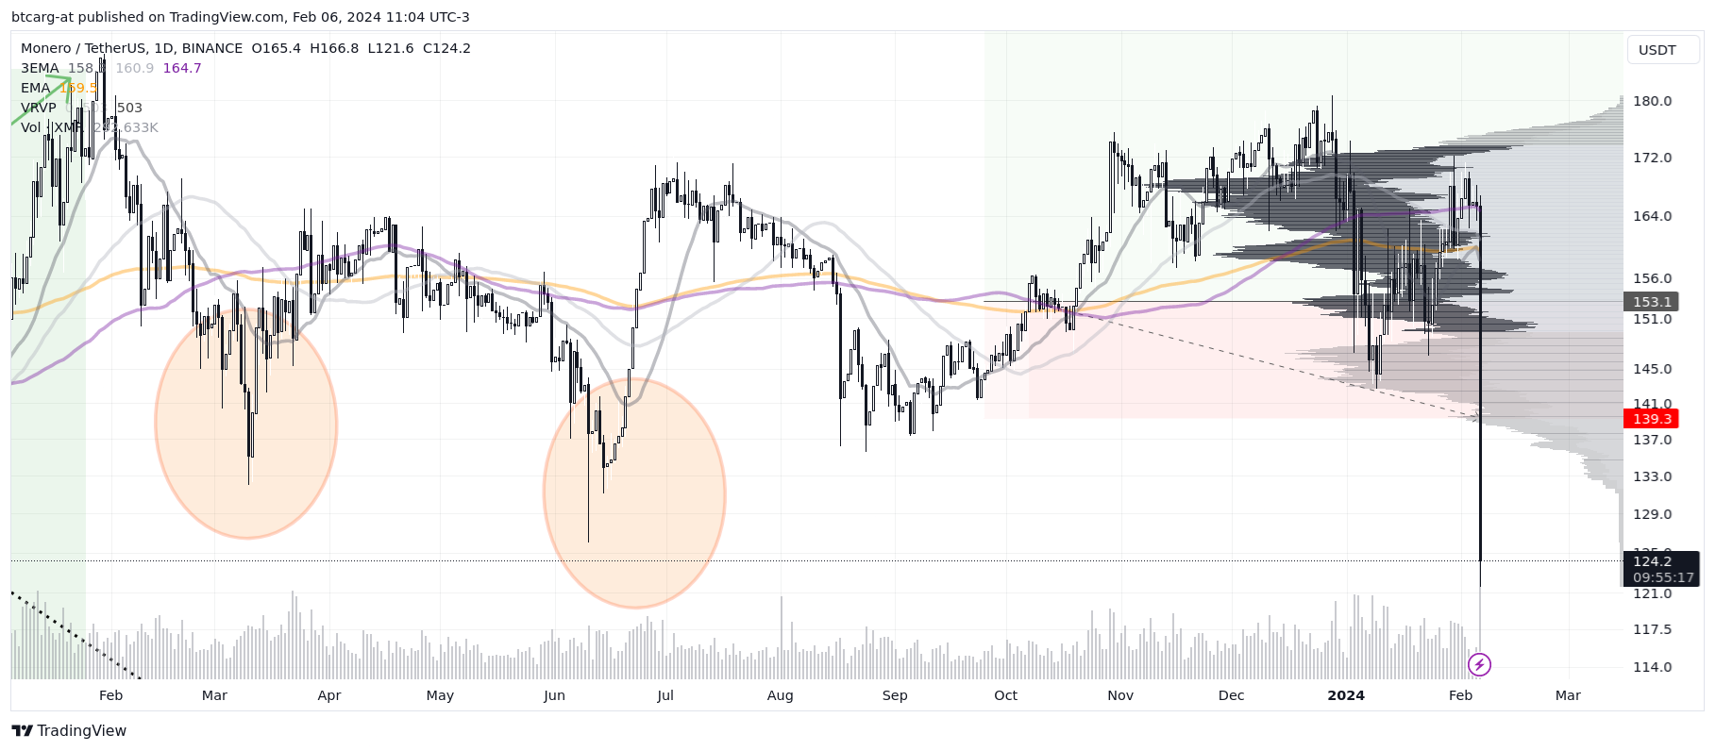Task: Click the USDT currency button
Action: tap(1657, 50)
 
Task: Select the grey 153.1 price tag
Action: tap(1652, 302)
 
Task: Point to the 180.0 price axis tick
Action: tap(1652, 101)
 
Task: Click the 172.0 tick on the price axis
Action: tap(1652, 158)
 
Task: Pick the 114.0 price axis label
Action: tap(1652, 667)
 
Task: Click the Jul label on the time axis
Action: tap(665, 695)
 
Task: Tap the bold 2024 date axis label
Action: tap(1345, 695)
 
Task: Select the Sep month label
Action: tap(894, 695)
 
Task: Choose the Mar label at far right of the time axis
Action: tap(1567, 695)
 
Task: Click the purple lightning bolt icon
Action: tap(1479, 665)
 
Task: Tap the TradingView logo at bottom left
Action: tap(69, 731)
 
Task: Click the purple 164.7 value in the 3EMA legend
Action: tap(182, 68)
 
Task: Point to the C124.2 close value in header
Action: tap(446, 48)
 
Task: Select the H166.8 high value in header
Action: tap(334, 48)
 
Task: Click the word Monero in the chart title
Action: tap(46, 48)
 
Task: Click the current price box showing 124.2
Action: tap(1652, 561)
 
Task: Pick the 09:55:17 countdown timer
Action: tap(1663, 577)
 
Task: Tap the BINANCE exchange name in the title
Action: tap(211, 48)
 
